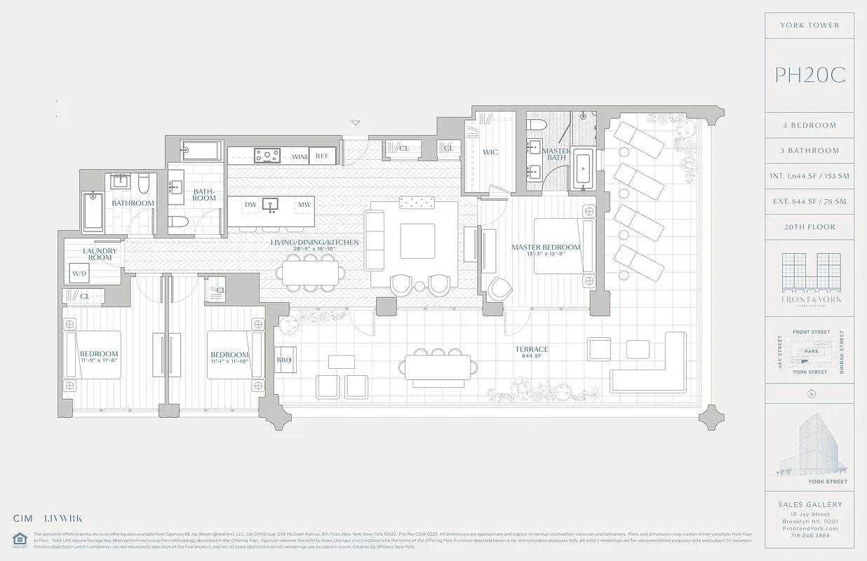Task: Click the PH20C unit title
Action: (x=809, y=75)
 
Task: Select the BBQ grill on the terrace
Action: (x=284, y=359)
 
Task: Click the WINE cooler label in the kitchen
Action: (x=300, y=156)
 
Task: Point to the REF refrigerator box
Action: (x=323, y=156)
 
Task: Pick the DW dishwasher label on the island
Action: (x=250, y=205)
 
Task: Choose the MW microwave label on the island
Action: (x=304, y=205)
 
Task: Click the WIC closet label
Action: (x=490, y=152)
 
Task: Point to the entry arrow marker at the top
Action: (x=356, y=123)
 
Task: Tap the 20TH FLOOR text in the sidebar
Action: (x=809, y=227)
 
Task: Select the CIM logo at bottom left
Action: (x=23, y=519)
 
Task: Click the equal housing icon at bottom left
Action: (x=18, y=539)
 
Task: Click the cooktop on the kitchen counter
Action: (x=267, y=156)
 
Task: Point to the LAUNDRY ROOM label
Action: (x=99, y=254)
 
